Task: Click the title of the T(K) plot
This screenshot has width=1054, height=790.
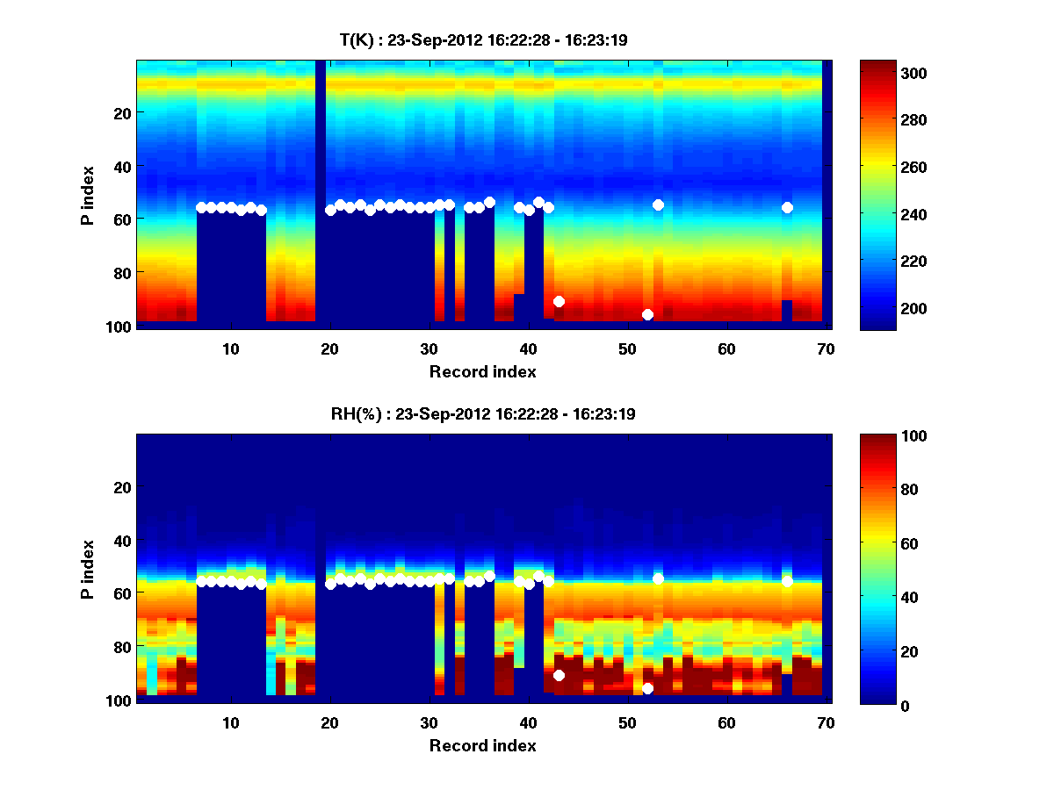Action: click(x=483, y=39)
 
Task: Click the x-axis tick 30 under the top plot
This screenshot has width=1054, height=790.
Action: click(x=430, y=349)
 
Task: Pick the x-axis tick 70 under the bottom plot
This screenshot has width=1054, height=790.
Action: click(x=826, y=723)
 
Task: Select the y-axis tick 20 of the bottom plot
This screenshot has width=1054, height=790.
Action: click(x=120, y=487)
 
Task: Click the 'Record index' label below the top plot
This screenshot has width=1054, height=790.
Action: click(x=483, y=371)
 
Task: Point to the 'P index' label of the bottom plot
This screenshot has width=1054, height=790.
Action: click(x=88, y=569)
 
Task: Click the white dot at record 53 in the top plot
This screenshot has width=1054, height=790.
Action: click(x=658, y=205)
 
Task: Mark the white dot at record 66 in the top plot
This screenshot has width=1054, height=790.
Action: click(x=787, y=207)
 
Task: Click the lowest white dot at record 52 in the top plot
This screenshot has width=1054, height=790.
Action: click(x=647, y=314)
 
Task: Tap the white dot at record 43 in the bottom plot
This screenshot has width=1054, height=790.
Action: click(x=559, y=675)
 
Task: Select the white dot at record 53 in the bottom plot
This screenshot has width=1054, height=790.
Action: click(x=658, y=578)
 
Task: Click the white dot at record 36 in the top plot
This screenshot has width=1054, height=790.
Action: click(x=489, y=202)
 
